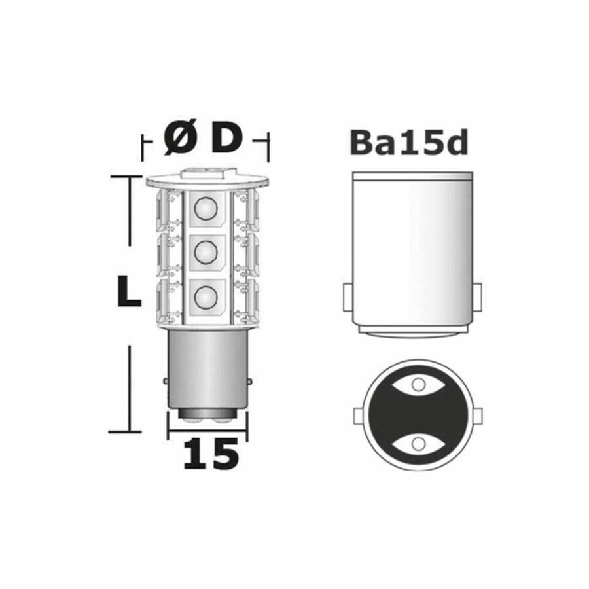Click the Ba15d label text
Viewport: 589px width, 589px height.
409,143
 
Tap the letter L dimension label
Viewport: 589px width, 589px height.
129,291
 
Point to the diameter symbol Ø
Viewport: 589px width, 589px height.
181,138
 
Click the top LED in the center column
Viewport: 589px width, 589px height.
206,207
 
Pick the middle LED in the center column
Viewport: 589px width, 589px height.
206,252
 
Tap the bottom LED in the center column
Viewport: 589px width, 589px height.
206,297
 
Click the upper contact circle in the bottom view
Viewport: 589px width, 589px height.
418,385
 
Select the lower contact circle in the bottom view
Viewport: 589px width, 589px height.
418,444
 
